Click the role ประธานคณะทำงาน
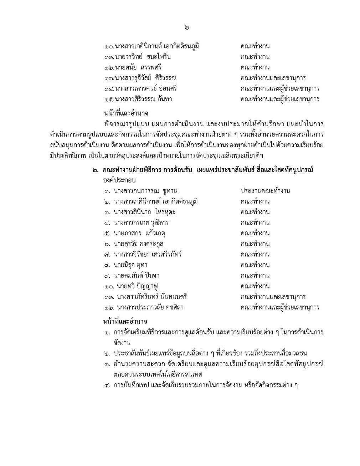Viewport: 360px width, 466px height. click(265, 191)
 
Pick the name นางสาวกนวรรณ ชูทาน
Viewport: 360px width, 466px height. click(145, 191)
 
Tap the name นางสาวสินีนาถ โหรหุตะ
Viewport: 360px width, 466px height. click(144, 212)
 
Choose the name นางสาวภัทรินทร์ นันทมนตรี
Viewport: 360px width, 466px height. click(150, 297)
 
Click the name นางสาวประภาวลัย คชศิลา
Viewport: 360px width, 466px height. click(148, 307)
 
